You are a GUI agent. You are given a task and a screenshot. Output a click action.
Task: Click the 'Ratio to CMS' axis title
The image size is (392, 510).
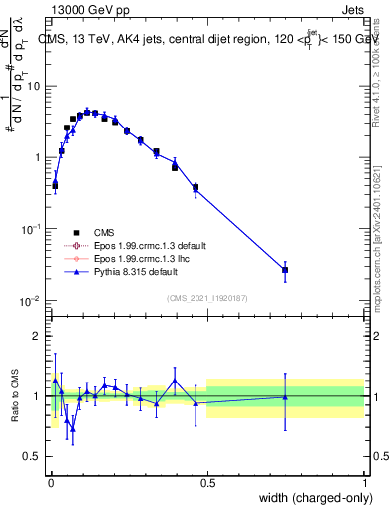coord(16,396)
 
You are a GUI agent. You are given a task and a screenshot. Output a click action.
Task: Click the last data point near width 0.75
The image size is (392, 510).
coord(285,270)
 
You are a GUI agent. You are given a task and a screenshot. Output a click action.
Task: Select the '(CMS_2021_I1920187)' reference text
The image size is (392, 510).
coord(206,297)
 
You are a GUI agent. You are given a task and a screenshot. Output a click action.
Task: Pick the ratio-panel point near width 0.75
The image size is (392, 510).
coord(285,397)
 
